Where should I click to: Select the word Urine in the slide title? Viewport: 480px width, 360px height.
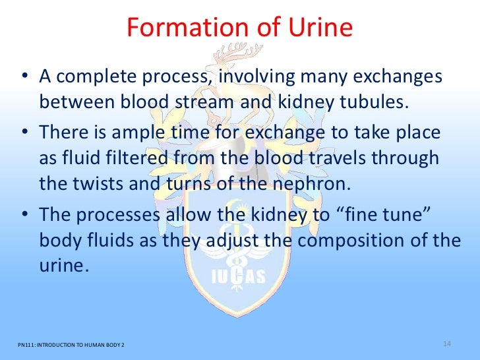pos(318,28)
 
